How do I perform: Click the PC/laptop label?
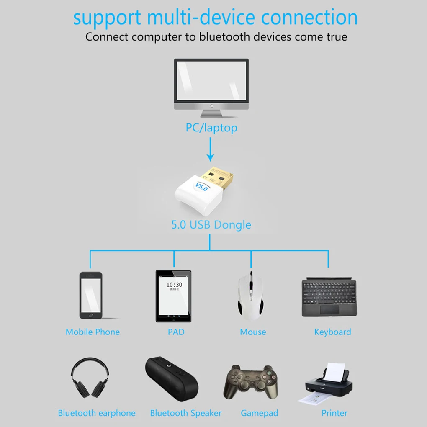(211, 127)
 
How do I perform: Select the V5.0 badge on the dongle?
(202, 186)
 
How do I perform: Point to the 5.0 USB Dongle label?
(211, 225)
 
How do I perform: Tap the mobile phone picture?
(90, 296)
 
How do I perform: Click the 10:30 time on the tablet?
(174, 285)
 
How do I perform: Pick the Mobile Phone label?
(93, 332)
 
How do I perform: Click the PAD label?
(176, 332)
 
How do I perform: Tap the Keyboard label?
(332, 332)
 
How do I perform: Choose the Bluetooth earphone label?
(97, 413)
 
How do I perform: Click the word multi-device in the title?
(201, 18)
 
